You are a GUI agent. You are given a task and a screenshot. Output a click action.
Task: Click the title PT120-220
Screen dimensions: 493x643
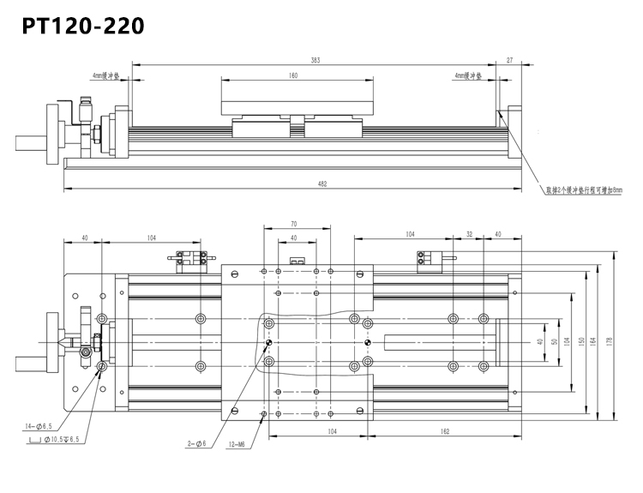(x=83, y=26)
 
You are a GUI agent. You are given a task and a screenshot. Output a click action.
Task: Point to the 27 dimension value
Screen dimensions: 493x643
(x=510, y=61)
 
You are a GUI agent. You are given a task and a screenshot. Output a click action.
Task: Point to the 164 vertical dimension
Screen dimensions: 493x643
(x=592, y=341)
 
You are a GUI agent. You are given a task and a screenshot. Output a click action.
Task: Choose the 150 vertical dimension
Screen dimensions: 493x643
(x=580, y=341)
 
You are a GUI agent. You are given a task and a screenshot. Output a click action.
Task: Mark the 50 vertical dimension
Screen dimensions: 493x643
(x=555, y=341)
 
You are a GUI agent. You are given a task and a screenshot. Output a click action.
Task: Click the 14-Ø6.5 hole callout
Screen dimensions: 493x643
(x=39, y=425)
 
